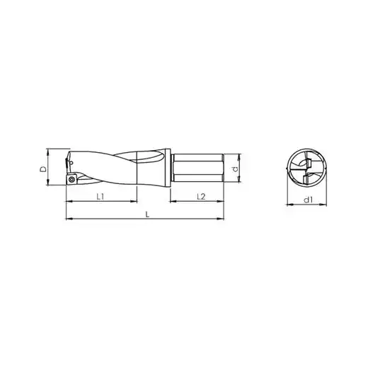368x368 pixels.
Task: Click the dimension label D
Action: pyautogui.click(x=43, y=168)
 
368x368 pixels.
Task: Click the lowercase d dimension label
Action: pyautogui.click(x=234, y=169)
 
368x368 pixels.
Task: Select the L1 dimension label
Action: pyautogui.click(x=100, y=196)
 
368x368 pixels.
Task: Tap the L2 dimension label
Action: pyautogui.click(x=201, y=196)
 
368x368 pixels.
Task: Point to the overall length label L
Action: pyautogui.click(x=147, y=214)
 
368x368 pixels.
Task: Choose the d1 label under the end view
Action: pyautogui.click(x=308, y=200)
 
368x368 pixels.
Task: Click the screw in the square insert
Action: pyautogui.click(x=71, y=180)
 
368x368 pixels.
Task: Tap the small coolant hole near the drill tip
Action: pyautogui.click(x=71, y=163)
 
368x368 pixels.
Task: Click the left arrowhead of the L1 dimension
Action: pyautogui.click(x=69, y=201)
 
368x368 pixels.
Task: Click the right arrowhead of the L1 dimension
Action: pyautogui.click(x=134, y=201)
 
